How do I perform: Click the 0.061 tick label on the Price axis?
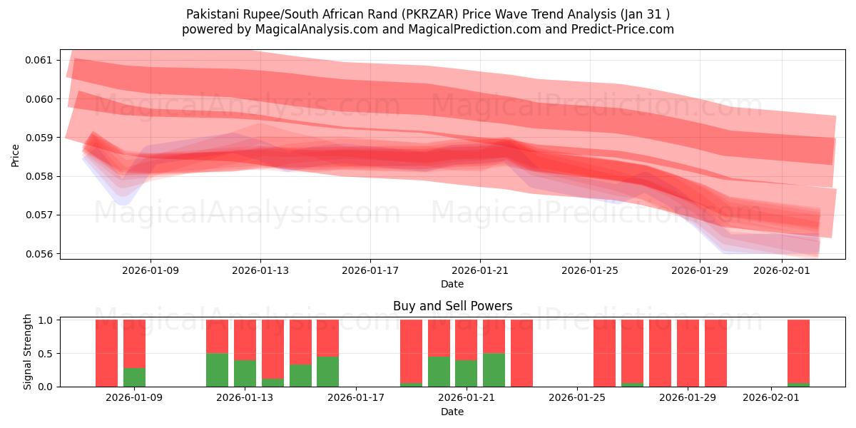pyautogui.click(x=42, y=60)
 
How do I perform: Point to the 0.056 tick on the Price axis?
pyautogui.click(x=42, y=254)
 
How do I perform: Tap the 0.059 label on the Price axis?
pyautogui.click(x=42, y=138)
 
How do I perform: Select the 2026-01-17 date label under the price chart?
pyautogui.click(x=370, y=271)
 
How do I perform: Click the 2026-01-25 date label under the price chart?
pyautogui.click(x=589, y=271)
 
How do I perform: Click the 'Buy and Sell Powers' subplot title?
pyautogui.click(x=452, y=306)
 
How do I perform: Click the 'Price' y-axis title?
pyautogui.click(x=16, y=156)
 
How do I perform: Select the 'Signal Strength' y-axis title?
pyautogui.click(x=29, y=352)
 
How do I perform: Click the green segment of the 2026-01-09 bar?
pyautogui.click(x=134, y=377)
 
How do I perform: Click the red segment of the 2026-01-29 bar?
pyautogui.click(x=688, y=353)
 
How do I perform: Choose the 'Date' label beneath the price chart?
pyautogui.click(x=452, y=284)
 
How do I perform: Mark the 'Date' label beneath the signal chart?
pyautogui.click(x=452, y=412)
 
